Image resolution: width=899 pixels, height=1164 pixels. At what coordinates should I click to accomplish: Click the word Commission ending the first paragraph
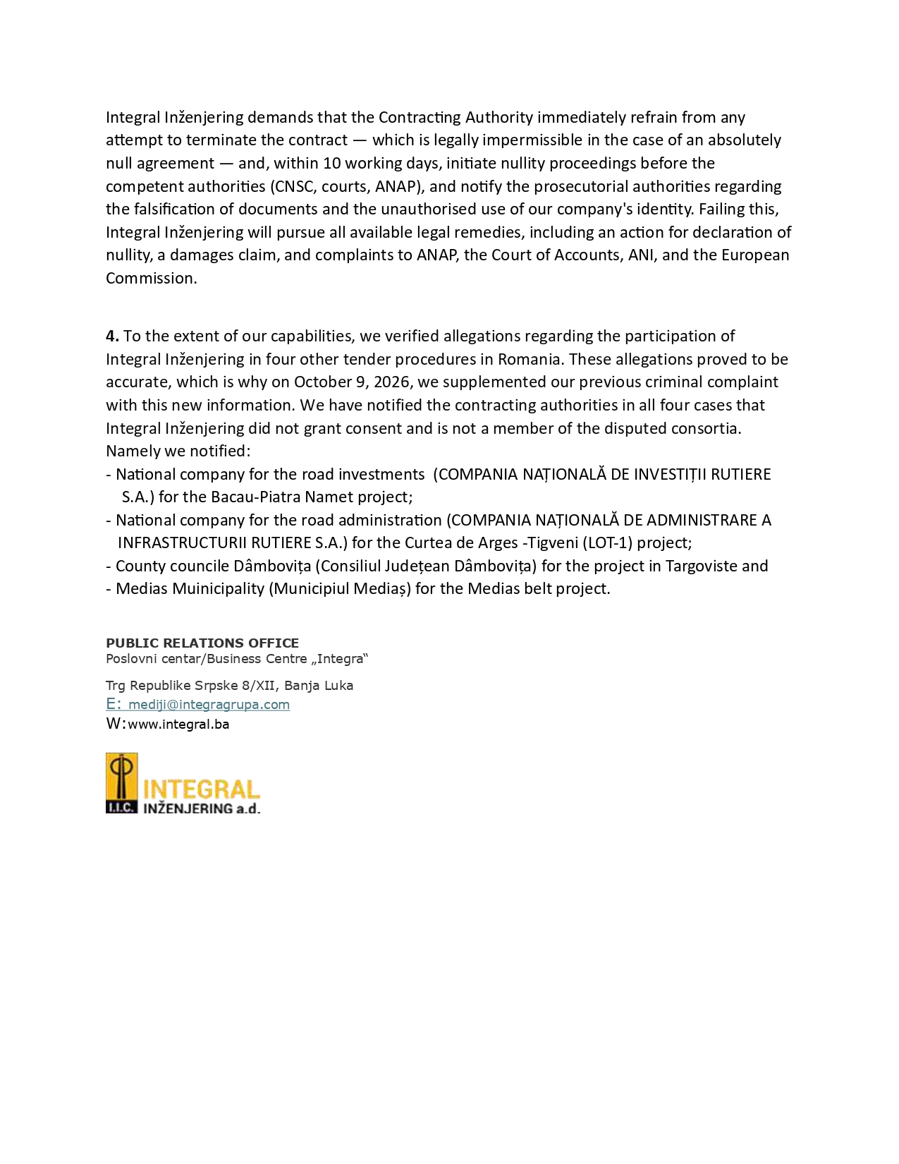pyautogui.click(x=151, y=278)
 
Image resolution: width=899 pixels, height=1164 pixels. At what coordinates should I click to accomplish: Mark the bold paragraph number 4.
pyautogui.click(x=112, y=336)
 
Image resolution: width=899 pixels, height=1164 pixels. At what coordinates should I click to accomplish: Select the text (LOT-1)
pyautogui.click(x=607, y=542)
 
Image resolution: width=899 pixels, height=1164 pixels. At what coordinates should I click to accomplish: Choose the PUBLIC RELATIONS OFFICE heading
pyautogui.click(x=202, y=643)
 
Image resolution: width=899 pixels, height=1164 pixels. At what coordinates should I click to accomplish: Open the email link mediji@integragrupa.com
pyautogui.click(x=209, y=704)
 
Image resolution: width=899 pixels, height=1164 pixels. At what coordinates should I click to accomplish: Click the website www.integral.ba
pyautogui.click(x=178, y=724)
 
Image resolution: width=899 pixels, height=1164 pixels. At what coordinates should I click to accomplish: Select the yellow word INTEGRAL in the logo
pyautogui.click(x=201, y=789)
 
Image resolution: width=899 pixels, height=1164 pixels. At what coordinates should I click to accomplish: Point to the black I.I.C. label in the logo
pyautogui.click(x=121, y=808)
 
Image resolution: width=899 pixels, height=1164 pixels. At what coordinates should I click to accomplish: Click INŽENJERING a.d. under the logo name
pyautogui.click(x=201, y=808)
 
